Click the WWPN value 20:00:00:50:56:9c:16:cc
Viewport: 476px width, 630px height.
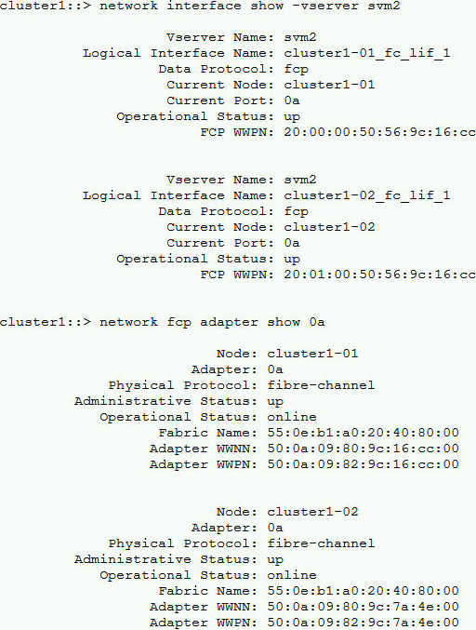(x=379, y=132)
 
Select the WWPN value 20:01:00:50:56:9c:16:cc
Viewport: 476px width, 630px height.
(x=379, y=275)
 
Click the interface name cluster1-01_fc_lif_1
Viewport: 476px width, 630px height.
(x=367, y=53)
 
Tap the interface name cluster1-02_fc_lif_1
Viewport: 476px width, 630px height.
(x=367, y=195)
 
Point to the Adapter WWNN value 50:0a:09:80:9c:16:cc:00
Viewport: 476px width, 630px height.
(x=363, y=449)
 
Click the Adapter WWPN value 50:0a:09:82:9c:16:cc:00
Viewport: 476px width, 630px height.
(x=363, y=464)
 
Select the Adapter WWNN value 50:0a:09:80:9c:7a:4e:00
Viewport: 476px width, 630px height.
(x=363, y=607)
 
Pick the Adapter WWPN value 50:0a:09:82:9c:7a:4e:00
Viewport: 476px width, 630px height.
(x=363, y=623)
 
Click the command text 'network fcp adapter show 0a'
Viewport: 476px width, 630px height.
(x=212, y=322)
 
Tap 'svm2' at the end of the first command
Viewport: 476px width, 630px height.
(x=383, y=6)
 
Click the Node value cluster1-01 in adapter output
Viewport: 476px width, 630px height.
(x=312, y=354)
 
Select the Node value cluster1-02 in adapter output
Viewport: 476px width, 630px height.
(x=312, y=512)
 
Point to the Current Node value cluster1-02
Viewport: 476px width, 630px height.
(x=329, y=227)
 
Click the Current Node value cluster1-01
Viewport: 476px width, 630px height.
(x=329, y=85)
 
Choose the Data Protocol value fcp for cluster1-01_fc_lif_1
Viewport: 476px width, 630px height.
(x=297, y=70)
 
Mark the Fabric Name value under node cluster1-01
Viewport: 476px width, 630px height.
(x=363, y=433)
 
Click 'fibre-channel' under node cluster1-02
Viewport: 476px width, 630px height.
(x=321, y=543)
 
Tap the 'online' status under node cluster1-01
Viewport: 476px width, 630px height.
(x=292, y=417)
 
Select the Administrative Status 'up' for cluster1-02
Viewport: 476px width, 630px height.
(x=275, y=559)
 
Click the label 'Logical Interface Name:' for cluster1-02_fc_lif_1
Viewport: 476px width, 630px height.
(x=178, y=195)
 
